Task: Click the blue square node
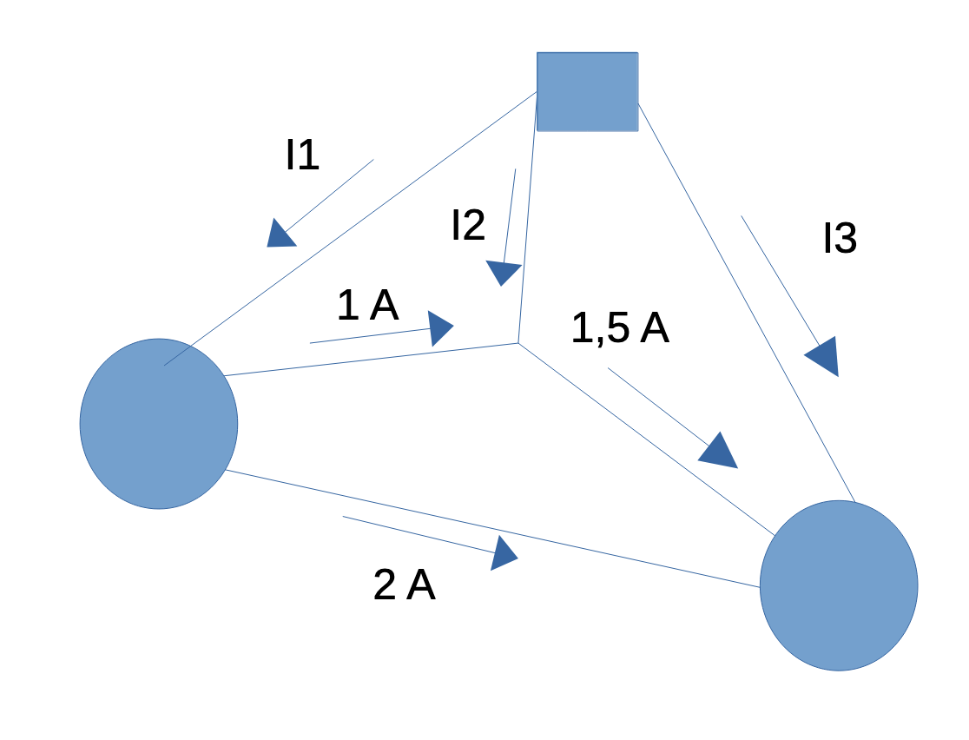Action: tap(588, 91)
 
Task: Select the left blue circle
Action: tap(159, 423)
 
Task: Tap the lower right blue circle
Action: tap(839, 585)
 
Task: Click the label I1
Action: tap(302, 155)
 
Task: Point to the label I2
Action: tap(468, 226)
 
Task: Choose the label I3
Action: tap(840, 239)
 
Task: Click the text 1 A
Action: tap(367, 306)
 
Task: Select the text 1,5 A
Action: tap(620, 328)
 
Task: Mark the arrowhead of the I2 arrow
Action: tap(503, 273)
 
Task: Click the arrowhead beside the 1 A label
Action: tap(440, 329)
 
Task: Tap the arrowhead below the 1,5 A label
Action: tap(719, 452)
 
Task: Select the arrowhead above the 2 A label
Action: tap(503, 552)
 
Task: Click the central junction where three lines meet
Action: tap(518, 343)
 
